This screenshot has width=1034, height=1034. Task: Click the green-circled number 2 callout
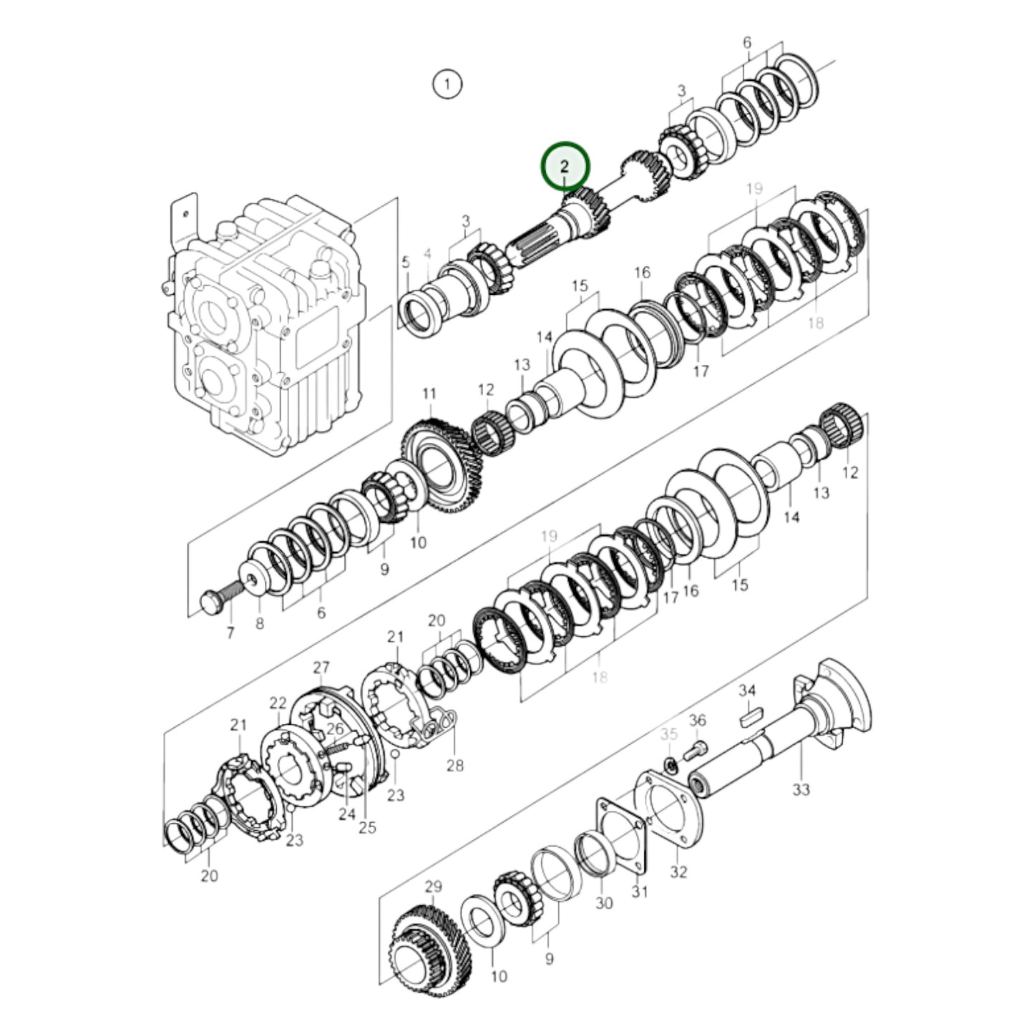tap(565, 166)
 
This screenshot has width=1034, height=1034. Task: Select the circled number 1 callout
tap(447, 84)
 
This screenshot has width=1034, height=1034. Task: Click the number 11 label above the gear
tap(429, 394)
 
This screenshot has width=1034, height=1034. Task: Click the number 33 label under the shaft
tap(801, 789)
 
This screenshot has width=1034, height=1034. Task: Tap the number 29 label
tap(434, 887)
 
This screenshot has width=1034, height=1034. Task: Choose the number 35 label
tap(669, 734)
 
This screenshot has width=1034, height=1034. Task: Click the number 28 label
tap(455, 765)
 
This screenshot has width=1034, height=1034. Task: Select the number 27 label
tap(321, 668)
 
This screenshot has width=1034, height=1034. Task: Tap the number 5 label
tap(406, 262)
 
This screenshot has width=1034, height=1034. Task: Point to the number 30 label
tap(605, 903)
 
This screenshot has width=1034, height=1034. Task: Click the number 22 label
tap(278, 703)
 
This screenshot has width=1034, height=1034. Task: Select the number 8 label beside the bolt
tap(259, 624)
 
